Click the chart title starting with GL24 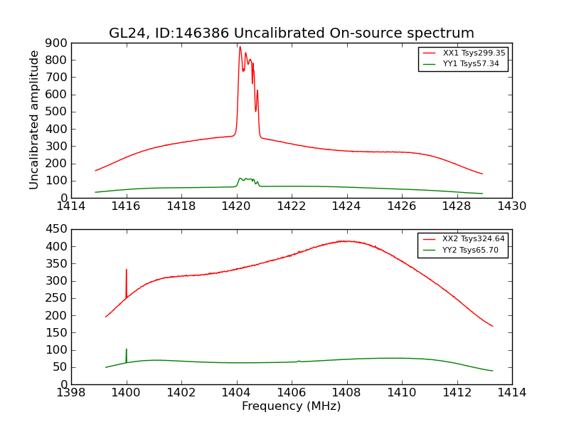(291, 33)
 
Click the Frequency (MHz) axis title (291, 406)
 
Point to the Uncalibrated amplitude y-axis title (34, 120)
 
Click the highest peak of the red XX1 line (240, 47)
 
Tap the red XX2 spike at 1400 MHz (127, 270)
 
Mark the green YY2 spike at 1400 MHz (127, 349)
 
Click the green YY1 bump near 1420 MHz (240, 179)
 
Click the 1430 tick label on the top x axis (511, 207)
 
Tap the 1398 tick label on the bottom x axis (72, 394)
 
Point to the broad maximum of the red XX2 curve (345, 241)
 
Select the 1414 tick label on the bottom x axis (511, 394)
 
